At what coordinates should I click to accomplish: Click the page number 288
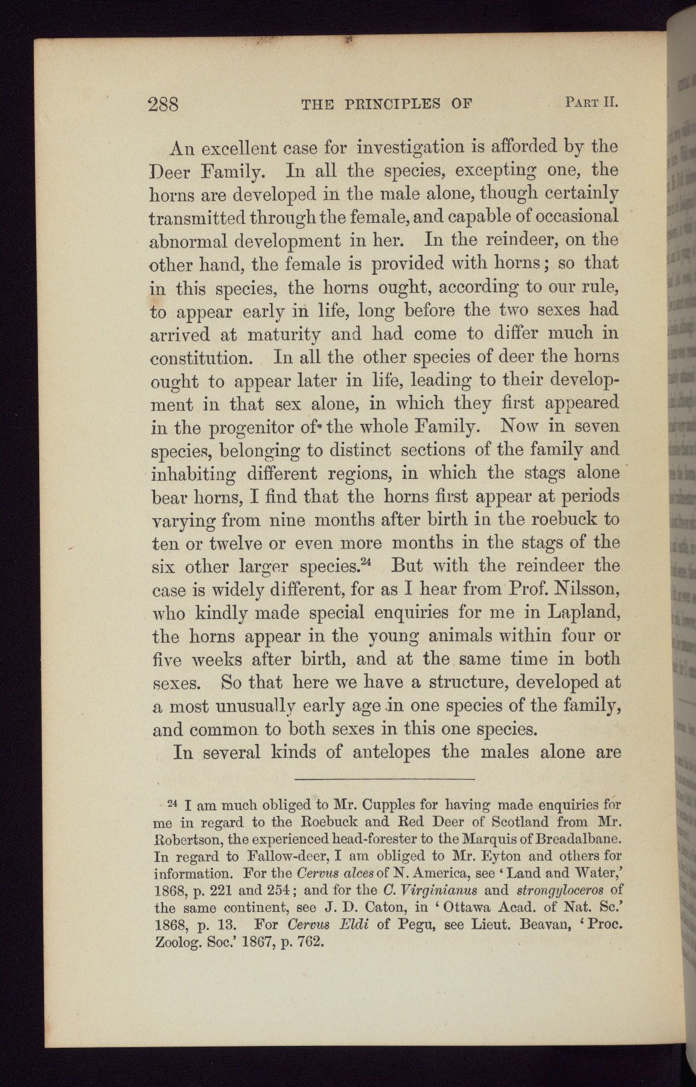163,104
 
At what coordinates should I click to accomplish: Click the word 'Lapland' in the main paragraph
584,612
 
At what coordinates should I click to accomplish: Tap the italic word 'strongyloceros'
558,890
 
